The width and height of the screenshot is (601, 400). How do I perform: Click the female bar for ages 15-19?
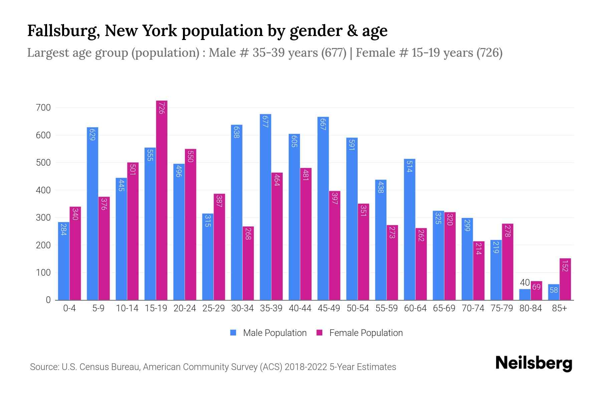tap(162, 200)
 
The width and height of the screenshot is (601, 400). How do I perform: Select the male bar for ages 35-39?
tap(265, 207)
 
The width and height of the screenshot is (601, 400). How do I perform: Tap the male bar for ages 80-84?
tap(525, 295)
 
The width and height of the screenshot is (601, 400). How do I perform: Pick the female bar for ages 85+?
tap(565, 279)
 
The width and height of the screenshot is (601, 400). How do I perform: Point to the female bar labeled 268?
tap(248, 263)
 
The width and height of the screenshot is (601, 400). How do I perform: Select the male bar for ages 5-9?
tap(92, 213)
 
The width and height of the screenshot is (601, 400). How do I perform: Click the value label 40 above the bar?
tap(525, 283)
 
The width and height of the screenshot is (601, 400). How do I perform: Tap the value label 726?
tap(162, 108)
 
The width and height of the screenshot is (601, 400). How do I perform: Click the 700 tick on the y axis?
tap(44, 108)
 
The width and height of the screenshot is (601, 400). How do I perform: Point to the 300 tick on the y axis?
tap(44, 218)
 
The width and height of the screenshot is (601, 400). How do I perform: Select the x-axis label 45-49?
tap(329, 308)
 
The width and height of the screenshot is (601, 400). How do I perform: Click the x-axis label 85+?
tap(559, 308)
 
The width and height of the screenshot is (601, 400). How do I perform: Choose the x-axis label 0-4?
tap(69, 308)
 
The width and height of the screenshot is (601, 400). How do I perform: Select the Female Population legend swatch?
tap(320, 333)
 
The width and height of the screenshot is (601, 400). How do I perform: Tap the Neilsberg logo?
tap(534, 363)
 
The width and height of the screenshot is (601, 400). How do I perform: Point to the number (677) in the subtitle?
tap(334, 53)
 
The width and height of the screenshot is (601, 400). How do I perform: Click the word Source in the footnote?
tap(44, 367)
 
